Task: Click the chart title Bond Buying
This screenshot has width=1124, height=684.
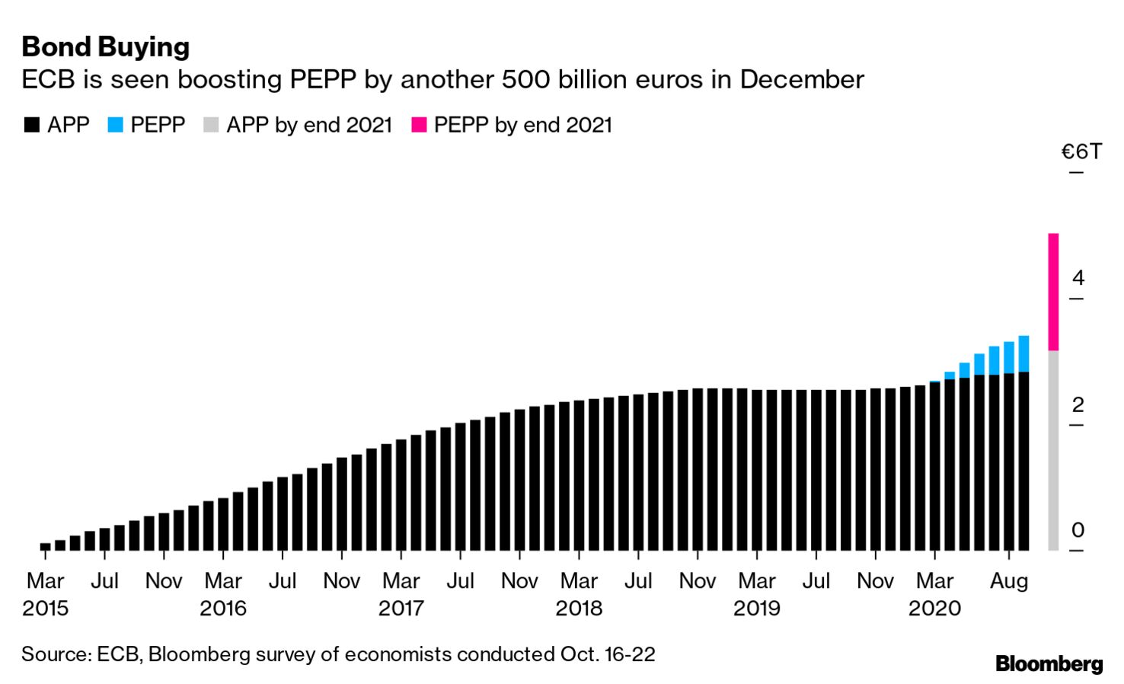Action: coord(105,47)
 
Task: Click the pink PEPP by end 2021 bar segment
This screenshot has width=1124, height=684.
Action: coord(1053,292)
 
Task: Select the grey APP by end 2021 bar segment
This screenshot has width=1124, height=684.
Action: coord(1053,449)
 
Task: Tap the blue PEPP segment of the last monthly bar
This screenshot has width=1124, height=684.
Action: coord(1023,353)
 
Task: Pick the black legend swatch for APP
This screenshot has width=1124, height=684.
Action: coord(31,125)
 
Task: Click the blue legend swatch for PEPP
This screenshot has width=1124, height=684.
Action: coord(115,125)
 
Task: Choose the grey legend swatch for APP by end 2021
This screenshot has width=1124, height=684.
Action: coord(211,125)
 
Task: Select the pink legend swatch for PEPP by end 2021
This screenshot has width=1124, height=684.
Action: coord(419,125)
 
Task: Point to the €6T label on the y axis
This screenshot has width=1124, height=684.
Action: coord(1081,152)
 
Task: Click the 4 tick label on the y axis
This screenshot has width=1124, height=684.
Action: coord(1078,278)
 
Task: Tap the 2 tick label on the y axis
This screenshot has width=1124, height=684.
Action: coord(1078,404)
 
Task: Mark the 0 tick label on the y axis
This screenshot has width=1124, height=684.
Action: coord(1078,529)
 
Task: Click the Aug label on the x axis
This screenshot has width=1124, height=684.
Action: coord(1008,581)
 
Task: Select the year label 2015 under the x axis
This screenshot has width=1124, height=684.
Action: coord(45,609)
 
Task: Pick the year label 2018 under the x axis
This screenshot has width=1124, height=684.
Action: coord(579,609)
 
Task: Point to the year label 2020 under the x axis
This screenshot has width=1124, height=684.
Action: coord(934,609)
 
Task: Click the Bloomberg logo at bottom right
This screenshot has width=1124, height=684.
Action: coord(1049,663)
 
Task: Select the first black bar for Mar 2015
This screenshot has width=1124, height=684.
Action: coord(45,546)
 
